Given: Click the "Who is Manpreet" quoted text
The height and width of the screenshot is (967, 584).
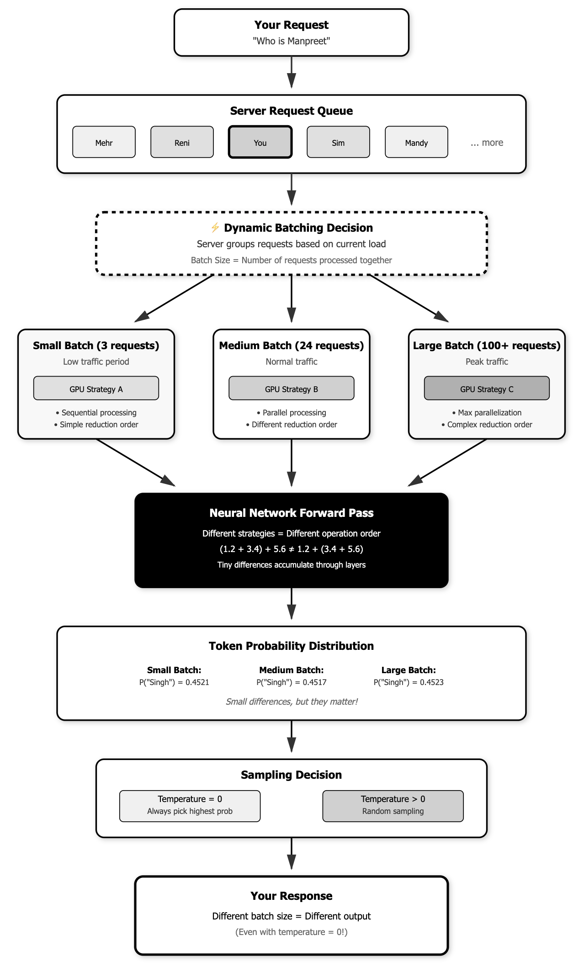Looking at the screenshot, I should pyautogui.click(x=291, y=41).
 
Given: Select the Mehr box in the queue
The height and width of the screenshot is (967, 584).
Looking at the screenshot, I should pyautogui.click(x=104, y=142).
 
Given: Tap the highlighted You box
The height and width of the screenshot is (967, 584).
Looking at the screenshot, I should pyautogui.click(x=260, y=142).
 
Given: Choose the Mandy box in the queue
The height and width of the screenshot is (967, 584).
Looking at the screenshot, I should pyautogui.click(x=416, y=142).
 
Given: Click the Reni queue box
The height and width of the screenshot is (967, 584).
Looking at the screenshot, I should pyautogui.click(x=182, y=142).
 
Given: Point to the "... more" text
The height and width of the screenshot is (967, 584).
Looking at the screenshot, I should pyautogui.click(x=487, y=143).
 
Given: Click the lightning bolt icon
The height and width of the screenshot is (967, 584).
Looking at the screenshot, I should pyautogui.click(x=215, y=228).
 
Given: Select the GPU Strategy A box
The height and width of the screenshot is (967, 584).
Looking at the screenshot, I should pyautogui.click(x=96, y=388).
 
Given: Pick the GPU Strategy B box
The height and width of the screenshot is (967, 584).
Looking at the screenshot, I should pyautogui.click(x=291, y=388).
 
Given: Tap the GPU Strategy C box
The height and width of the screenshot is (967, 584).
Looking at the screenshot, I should pyautogui.click(x=487, y=388).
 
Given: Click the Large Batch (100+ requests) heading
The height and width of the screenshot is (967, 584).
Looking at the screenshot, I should pyautogui.click(x=487, y=345).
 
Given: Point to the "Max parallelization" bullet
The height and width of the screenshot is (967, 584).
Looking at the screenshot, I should pyautogui.click(x=487, y=413).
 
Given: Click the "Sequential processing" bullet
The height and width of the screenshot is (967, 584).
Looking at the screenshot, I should pyautogui.click(x=96, y=413).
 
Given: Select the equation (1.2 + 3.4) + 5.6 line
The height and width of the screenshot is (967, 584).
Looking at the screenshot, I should pyautogui.click(x=291, y=549).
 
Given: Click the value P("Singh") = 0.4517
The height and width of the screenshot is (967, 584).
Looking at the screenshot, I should pyautogui.click(x=291, y=682).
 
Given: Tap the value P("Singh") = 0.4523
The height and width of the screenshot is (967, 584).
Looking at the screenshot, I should pyautogui.click(x=409, y=682).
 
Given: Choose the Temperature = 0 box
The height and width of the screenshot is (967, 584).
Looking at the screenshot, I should pyautogui.click(x=190, y=806).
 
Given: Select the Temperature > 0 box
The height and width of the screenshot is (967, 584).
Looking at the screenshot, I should pyautogui.click(x=393, y=806).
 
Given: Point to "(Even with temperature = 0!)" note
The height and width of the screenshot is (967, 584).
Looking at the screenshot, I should pyautogui.click(x=291, y=932).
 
